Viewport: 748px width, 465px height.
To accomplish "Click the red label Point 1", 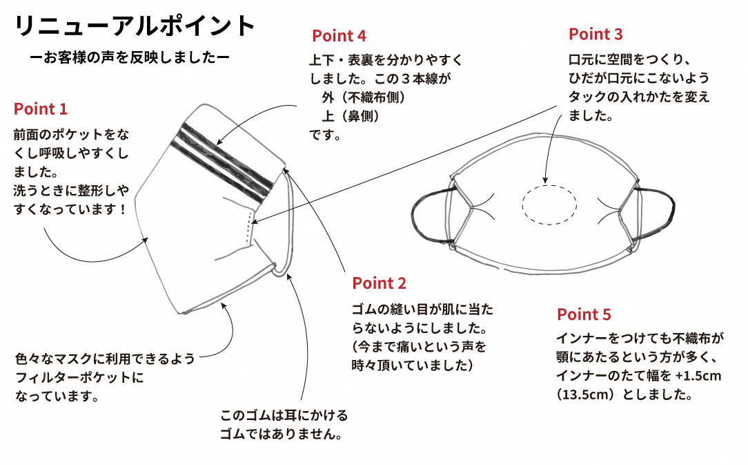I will tap(41, 108).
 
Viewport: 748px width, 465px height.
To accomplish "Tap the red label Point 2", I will tap(379, 283).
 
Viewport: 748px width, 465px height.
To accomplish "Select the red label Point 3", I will tap(596, 34).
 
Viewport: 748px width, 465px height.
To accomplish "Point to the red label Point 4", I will tap(339, 35).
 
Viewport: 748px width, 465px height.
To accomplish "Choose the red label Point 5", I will tap(584, 314).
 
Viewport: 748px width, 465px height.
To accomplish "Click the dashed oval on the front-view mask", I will tap(549, 205).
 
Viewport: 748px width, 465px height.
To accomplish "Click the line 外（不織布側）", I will tap(363, 97).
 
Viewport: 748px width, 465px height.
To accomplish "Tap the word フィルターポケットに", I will tap(79, 378).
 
